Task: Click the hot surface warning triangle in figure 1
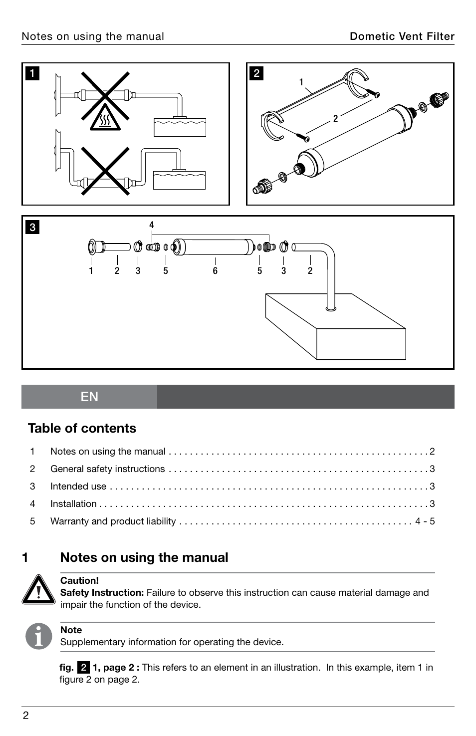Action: (105, 119)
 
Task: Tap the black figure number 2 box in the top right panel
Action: (256, 73)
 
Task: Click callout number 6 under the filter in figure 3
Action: (215, 271)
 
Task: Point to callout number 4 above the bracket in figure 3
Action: (152, 225)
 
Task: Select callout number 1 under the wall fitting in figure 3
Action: (91, 271)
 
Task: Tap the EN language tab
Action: (89, 397)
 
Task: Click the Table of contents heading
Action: (82, 428)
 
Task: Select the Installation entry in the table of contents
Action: (73, 503)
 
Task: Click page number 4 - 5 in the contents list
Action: (425, 521)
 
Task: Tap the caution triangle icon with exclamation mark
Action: (38, 589)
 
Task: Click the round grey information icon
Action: (39, 636)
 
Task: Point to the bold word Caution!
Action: (79, 580)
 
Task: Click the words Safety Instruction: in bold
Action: (102, 592)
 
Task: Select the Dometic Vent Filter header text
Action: (402, 36)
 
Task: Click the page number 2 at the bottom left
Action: (26, 716)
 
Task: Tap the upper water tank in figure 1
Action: (180, 127)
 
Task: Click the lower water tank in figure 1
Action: (179, 180)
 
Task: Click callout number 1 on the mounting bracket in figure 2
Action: (301, 82)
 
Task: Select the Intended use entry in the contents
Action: (78, 486)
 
